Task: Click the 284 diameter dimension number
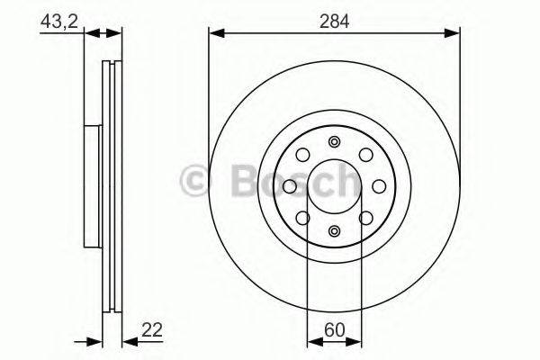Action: (x=335, y=20)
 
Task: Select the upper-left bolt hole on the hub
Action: (x=303, y=155)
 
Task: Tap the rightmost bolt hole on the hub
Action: (x=379, y=185)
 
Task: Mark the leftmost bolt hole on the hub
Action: (x=290, y=185)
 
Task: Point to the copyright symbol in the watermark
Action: (x=196, y=181)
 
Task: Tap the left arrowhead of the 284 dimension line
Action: (x=214, y=33)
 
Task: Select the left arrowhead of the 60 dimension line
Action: (x=312, y=343)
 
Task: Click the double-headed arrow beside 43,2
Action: (x=103, y=33)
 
